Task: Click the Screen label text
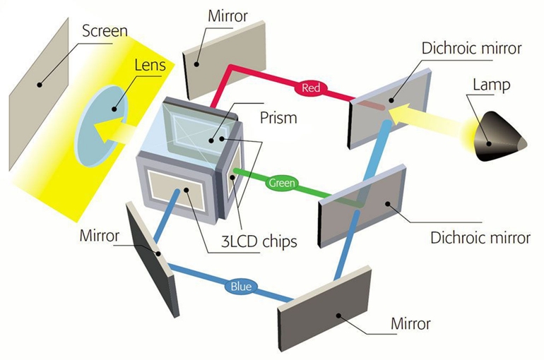tap(105, 31)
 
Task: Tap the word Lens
tap(149, 66)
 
